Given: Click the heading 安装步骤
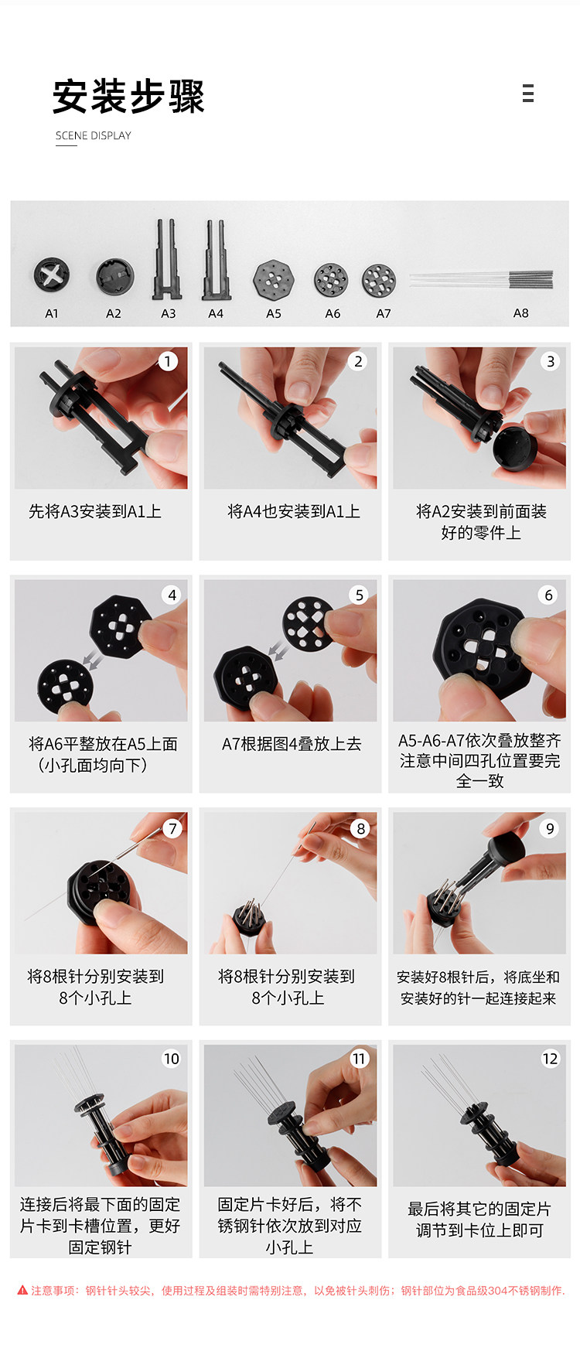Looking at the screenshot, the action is pyautogui.click(x=128, y=97).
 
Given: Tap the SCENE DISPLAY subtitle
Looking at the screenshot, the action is pyautogui.click(x=94, y=135).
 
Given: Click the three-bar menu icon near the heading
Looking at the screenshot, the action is pyautogui.click(x=528, y=94).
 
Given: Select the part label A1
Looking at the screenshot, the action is pyautogui.click(x=52, y=313).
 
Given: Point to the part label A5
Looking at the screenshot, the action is pyautogui.click(x=274, y=313).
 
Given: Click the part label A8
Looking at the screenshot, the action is pyautogui.click(x=521, y=312).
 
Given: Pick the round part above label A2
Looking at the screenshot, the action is pyautogui.click(x=115, y=277).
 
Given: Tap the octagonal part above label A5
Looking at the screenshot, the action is pyautogui.click(x=274, y=280).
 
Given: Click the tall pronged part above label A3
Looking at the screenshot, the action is pyautogui.click(x=168, y=260).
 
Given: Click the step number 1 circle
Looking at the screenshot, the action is pyautogui.click(x=168, y=361).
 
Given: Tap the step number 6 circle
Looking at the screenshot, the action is pyautogui.click(x=548, y=595).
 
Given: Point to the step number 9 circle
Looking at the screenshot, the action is pyautogui.click(x=550, y=828).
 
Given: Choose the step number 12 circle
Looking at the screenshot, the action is pyautogui.click(x=550, y=1058).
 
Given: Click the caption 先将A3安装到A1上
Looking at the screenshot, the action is pyautogui.click(x=95, y=511).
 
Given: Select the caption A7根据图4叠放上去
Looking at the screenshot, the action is pyautogui.click(x=292, y=744).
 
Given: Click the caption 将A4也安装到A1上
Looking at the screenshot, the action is pyautogui.click(x=294, y=511).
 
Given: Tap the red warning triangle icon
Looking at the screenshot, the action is pyautogui.click(x=22, y=1290).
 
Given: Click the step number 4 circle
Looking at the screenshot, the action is pyautogui.click(x=172, y=595).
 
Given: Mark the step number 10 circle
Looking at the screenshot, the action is pyautogui.click(x=171, y=1058).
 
